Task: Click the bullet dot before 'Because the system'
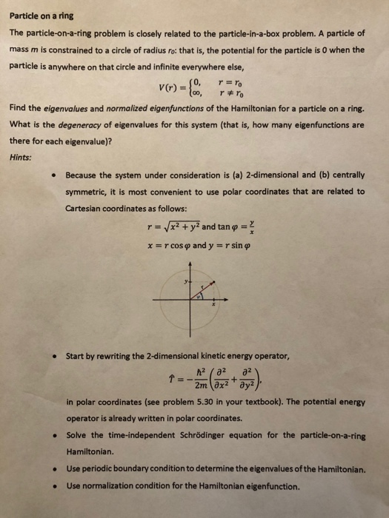[x=50, y=175]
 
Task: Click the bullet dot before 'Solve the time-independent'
[x=50, y=436]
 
